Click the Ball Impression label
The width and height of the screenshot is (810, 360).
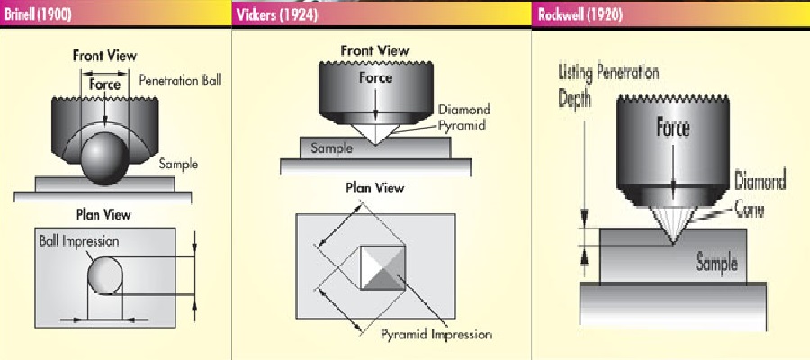click(78, 242)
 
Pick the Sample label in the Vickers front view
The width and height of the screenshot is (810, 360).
click(331, 148)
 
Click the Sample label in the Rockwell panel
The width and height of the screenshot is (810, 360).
click(717, 264)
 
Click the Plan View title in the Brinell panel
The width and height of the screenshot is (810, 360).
click(104, 214)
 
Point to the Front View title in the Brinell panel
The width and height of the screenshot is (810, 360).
click(104, 56)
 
